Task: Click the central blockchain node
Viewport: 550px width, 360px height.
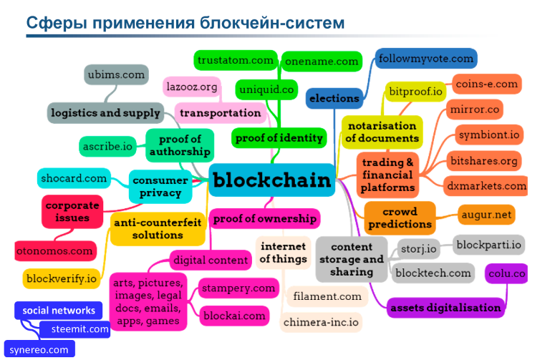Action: click(272, 180)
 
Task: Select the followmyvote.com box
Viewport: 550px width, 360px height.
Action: click(425, 58)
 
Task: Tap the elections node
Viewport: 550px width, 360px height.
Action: click(334, 98)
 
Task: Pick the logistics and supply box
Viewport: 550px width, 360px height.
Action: click(105, 113)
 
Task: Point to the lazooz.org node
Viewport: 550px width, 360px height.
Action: click(191, 87)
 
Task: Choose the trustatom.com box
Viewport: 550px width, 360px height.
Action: click(236, 60)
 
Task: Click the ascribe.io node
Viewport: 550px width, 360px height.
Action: click(108, 146)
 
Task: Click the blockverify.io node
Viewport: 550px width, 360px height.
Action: click(61, 278)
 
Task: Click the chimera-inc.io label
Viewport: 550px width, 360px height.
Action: click(322, 322)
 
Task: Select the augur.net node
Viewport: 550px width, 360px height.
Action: click(486, 213)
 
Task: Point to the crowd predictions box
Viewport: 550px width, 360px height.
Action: click(400, 218)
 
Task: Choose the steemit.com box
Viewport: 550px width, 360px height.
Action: click(74, 330)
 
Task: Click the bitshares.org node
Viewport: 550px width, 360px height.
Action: click(483, 160)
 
